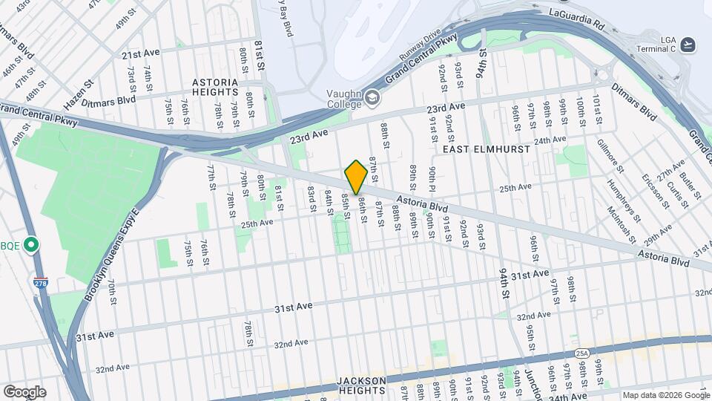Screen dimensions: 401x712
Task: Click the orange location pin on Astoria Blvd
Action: (356, 177)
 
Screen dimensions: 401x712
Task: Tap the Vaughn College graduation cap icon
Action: (371, 97)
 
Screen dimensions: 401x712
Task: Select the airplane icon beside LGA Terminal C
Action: (689, 45)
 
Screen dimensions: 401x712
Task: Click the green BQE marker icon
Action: (31, 244)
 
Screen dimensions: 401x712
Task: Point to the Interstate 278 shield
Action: (40, 283)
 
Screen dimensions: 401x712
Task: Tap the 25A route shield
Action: (581, 353)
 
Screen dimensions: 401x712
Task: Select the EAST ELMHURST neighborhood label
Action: (486, 149)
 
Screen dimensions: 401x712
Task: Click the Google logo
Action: (24, 392)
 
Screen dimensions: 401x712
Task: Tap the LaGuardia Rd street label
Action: (577, 14)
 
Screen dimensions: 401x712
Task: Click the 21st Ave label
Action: (141, 54)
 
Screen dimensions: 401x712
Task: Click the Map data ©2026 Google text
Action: (666, 395)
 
